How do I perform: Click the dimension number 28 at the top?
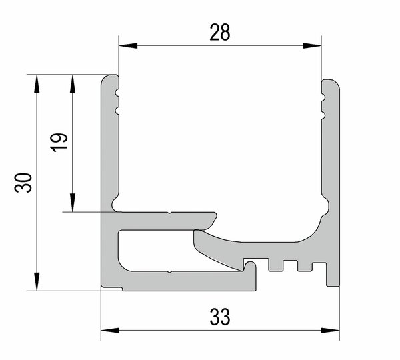tap(219, 32)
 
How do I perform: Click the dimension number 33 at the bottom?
tap(220, 317)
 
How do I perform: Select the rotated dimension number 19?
tap(59, 143)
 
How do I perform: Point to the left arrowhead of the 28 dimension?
tap(128, 46)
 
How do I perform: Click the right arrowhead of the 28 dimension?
tap(312, 46)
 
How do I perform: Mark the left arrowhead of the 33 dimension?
tap(110, 331)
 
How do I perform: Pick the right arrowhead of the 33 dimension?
tap(330, 331)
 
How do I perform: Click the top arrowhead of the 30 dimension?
tap(37, 84)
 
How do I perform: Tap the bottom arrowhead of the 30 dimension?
tap(37, 281)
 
